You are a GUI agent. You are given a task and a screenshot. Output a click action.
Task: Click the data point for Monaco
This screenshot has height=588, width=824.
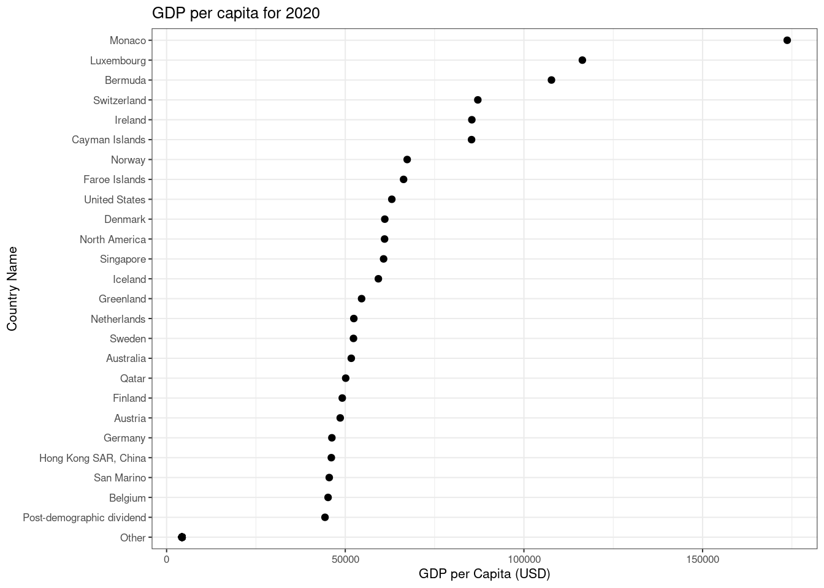[x=787, y=40]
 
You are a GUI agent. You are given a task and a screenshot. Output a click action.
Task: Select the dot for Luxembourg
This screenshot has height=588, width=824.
[x=582, y=60]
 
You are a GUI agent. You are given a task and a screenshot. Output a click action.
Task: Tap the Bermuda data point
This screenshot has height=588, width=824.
[x=551, y=80]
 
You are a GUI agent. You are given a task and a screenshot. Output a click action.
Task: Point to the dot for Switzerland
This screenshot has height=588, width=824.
[x=478, y=100]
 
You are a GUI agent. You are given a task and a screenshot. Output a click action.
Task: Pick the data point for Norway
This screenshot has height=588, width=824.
[x=407, y=160]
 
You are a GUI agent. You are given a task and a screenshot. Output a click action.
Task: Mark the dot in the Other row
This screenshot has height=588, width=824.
[x=181, y=537]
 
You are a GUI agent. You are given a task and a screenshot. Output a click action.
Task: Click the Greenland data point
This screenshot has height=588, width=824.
[x=361, y=299]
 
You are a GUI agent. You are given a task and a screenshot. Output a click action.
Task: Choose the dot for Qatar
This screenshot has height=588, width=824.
[x=346, y=379]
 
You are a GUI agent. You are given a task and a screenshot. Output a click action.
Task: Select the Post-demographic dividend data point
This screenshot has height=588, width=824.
[x=325, y=518]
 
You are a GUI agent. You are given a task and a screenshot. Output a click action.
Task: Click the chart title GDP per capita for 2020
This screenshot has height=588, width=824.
[x=235, y=13]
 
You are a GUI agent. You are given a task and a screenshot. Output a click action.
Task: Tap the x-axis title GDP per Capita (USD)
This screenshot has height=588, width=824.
[x=484, y=574]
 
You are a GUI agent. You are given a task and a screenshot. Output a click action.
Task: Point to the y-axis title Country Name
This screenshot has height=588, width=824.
[x=12, y=288]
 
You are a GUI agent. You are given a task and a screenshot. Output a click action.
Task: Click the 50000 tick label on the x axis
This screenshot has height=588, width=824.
[x=345, y=560]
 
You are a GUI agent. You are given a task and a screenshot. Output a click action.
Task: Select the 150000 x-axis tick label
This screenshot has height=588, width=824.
[x=703, y=560]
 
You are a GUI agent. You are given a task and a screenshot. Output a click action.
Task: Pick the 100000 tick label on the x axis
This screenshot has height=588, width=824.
[x=524, y=560]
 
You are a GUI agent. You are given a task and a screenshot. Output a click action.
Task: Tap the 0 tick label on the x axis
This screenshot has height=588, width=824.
[x=166, y=560]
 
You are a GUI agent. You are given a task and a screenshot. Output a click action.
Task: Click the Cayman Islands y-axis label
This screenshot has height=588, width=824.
[x=109, y=140]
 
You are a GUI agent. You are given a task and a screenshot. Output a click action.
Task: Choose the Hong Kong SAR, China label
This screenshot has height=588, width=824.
[x=93, y=458]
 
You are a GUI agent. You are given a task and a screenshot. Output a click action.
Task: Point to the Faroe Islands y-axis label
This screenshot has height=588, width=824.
[x=115, y=179]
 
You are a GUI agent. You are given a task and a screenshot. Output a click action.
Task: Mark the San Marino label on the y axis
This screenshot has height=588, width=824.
[x=120, y=478]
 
